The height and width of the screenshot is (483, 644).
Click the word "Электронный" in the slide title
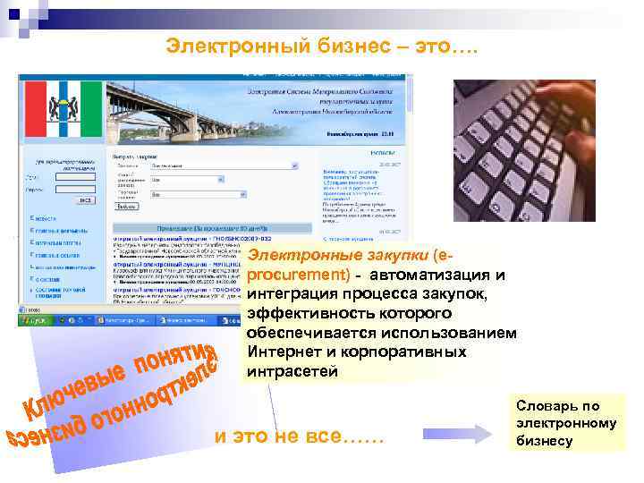click(x=223, y=46)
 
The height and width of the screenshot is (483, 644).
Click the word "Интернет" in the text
click(x=285, y=352)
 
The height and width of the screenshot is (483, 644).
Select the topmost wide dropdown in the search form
click(x=224, y=165)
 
